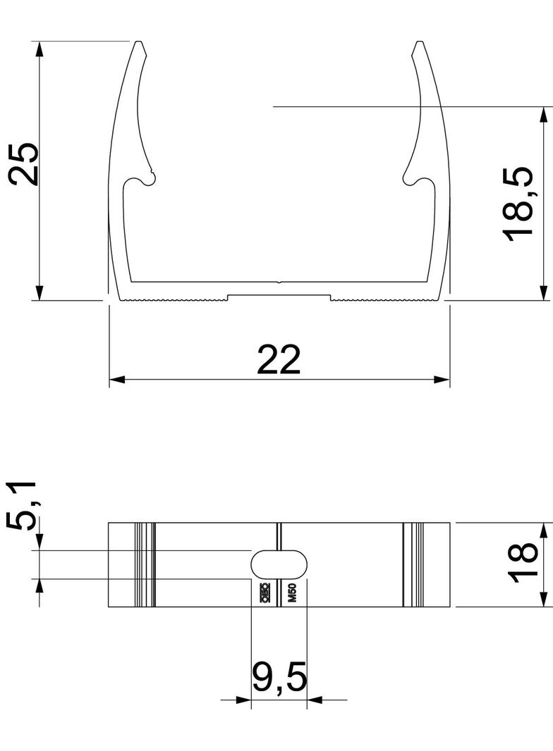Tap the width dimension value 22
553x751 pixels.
tap(279, 359)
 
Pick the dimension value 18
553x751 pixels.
tap(523, 564)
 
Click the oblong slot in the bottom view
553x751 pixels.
tap(280, 564)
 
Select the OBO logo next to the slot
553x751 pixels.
tap(265, 594)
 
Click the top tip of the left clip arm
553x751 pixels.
tap(139, 44)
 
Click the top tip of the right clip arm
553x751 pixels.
tap(420, 44)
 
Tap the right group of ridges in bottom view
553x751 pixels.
tap(413, 564)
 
